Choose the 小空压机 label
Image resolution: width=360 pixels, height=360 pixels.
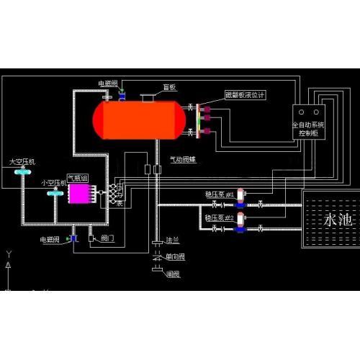(53, 184)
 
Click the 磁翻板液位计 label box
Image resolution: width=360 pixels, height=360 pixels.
(246, 94)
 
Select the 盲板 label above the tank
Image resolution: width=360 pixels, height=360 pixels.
(169, 86)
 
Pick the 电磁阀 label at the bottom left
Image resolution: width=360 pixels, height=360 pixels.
(50, 238)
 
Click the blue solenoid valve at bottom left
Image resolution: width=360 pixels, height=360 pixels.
(74, 238)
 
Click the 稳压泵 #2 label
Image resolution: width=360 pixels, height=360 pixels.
(217, 217)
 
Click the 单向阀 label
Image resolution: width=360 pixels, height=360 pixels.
(175, 257)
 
